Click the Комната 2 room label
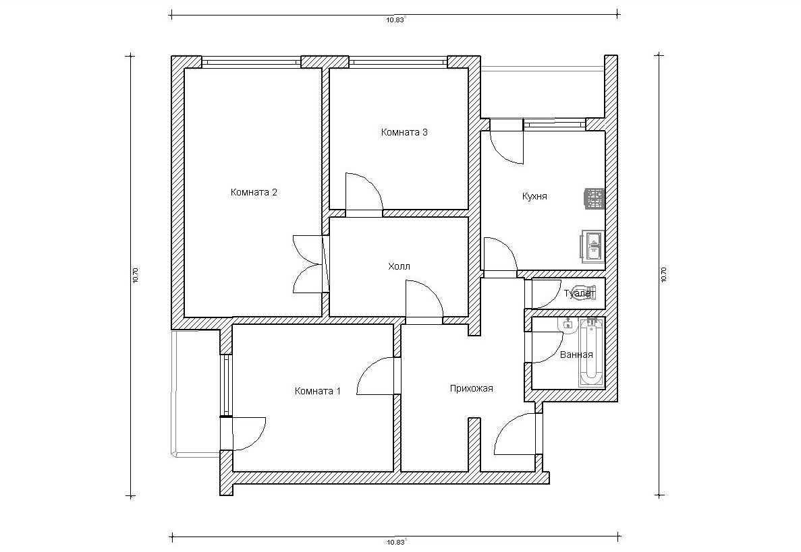pyautogui.click(x=254, y=192)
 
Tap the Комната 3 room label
pyautogui.click(x=404, y=132)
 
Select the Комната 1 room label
pyautogui.click(x=317, y=391)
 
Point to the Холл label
pyautogui.click(x=399, y=266)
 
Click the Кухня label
pyautogui.click(x=534, y=196)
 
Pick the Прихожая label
pyautogui.click(x=472, y=389)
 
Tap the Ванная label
pyautogui.click(x=576, y=355)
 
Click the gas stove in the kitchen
pyautogui.click(x=595, y=198)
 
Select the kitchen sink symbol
pyautogui.click(x=593, y=245)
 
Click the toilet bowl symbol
pyautogui.click(x=585, y=293)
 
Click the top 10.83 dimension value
pyautogui.click(x=395, y=20)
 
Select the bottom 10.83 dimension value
pyautogui.click(x=395, y=543)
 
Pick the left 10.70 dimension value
pyautogui.click(x=136, y=275)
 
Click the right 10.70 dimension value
pyautogui.click(x=664, y=275)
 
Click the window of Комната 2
pyautogui.click(x=251, y=62)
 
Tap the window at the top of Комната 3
pyautogui.click(x=398, y=62)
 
